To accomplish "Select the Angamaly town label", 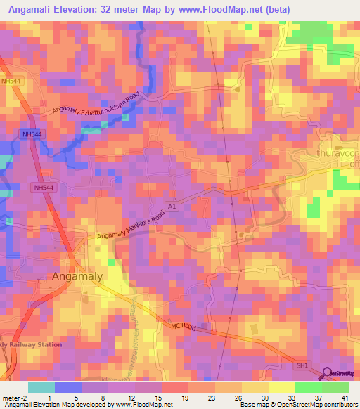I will (77, 276).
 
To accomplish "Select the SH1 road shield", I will (302, 365).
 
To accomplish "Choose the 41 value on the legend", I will (343, 397).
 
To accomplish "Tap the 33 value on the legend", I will (290, 397).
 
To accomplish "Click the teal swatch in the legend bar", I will (41, 387).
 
